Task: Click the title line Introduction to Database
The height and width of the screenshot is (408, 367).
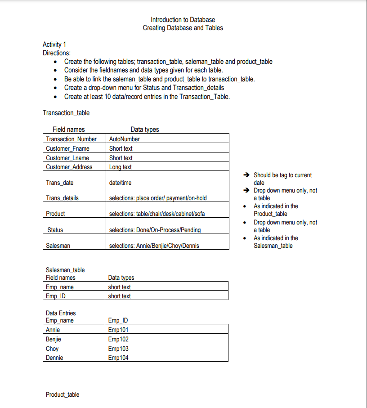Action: tap(183, 20)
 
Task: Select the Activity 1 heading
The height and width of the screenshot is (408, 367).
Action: tap(54, 44)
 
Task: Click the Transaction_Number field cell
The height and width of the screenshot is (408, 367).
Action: tap(71, 139)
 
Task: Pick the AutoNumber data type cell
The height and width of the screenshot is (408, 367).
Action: tap(125, 139)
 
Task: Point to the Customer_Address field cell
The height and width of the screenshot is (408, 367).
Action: tap(69, 167)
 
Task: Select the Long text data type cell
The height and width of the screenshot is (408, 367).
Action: tap(121, 167)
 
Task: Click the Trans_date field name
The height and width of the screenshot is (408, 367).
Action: tap(60, 183)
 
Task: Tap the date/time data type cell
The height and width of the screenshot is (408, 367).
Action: tap(121, 183)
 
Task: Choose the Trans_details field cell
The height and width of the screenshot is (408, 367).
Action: tap(62, 198)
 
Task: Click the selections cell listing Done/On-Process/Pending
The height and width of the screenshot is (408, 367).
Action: tap(155, 230)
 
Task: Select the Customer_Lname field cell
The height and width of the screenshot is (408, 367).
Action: tap(67, 158)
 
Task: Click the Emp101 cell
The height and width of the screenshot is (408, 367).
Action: tap(118, 330)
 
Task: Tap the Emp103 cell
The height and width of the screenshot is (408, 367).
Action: tap(118, 349)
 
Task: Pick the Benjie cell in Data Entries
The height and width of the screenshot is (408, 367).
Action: tap(54, 339)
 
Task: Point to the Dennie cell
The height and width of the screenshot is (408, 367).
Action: tap(54, 358)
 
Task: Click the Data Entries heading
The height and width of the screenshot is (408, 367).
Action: tap(61, 313)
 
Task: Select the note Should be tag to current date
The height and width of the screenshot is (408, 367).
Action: tap(282, 179)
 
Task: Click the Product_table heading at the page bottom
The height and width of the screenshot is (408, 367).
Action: tap(63, 395)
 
